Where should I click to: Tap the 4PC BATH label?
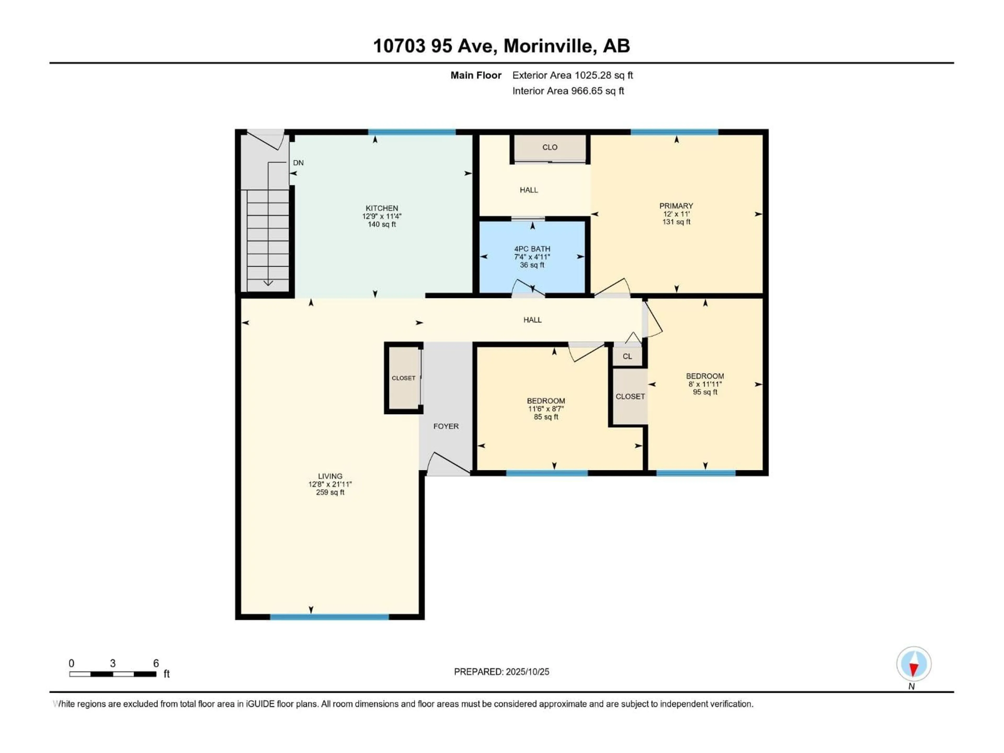tap(532, 249)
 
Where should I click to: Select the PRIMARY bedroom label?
tap(676, 206)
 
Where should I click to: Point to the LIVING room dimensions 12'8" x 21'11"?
tap(330, 484)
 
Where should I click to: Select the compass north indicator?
tap(914, 664)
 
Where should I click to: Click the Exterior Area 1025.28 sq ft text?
tap(572, 75)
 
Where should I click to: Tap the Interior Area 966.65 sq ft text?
tap(568, 91)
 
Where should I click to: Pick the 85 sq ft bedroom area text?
tap(546, 417)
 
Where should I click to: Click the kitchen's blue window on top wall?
tap(412, 132)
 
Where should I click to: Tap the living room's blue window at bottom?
tap(329, 617)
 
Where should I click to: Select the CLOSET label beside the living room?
tap(403, 378)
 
